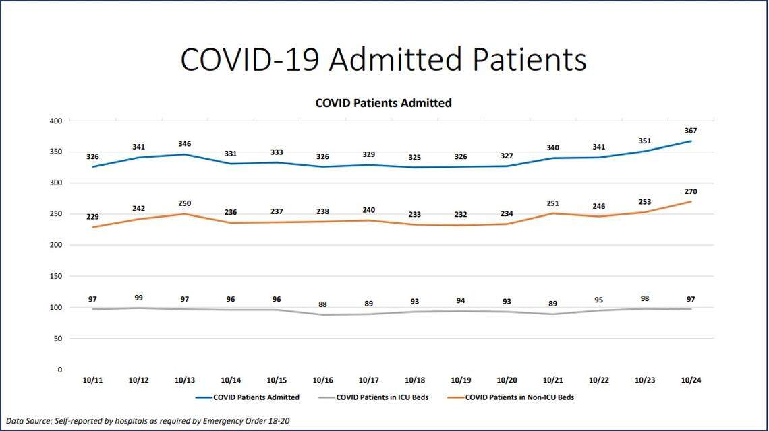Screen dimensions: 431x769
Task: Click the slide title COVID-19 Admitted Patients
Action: (x=383, y=59)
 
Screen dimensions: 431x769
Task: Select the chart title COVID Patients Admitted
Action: (x=383, y=104)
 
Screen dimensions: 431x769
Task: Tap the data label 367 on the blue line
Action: (x=690, y=131)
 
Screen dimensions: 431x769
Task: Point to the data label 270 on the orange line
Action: (x=690, y=191)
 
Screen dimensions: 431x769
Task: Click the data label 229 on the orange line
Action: (x=92, y=216)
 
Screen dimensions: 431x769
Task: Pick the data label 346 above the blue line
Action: (x=184, y=144)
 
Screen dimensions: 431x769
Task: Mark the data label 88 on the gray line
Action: (x=322, y=304)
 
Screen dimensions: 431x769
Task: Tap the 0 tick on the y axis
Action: (x=59, y=370)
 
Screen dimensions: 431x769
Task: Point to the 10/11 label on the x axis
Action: (x=92, y=380)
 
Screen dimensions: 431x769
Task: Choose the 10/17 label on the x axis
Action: (x=368, y=380)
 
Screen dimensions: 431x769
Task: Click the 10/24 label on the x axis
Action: (x=690, y=380)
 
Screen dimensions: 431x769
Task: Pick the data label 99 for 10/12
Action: (x=138, y=298)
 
